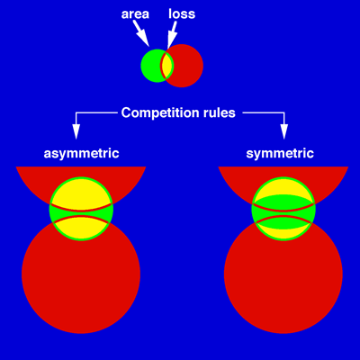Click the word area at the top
(135, 14)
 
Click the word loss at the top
(182, 13)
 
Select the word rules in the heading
(218, 112)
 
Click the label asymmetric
(81, 154)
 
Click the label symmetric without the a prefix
(280, 154)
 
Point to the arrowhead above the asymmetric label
(76, 131)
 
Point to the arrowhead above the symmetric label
(283, 131)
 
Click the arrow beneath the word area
(141, 34)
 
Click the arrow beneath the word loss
(172, 35)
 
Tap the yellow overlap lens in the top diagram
(167, 66)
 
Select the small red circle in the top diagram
(182, 66)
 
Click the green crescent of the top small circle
(151, 66)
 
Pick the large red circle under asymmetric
(81, 279)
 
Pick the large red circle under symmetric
(283, 279)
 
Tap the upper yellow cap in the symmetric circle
(283, 187)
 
